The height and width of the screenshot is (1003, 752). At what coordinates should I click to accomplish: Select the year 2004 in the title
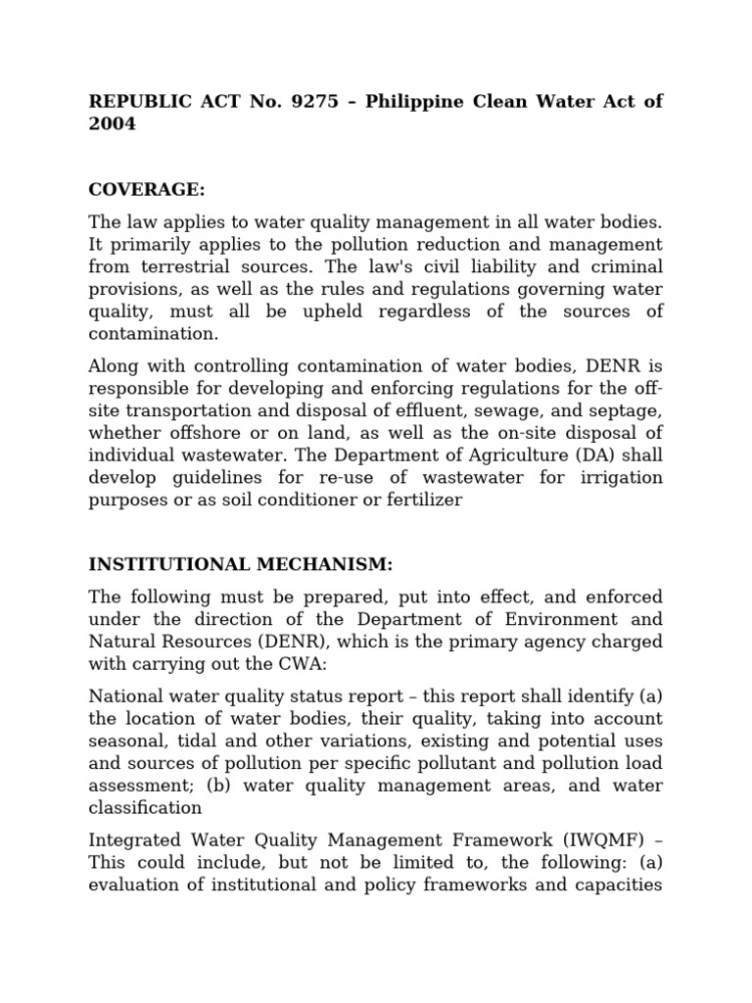point(113,124)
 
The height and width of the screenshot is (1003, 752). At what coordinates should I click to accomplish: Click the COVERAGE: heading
point(147,189)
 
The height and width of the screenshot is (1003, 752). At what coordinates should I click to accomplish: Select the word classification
point(146,808)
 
